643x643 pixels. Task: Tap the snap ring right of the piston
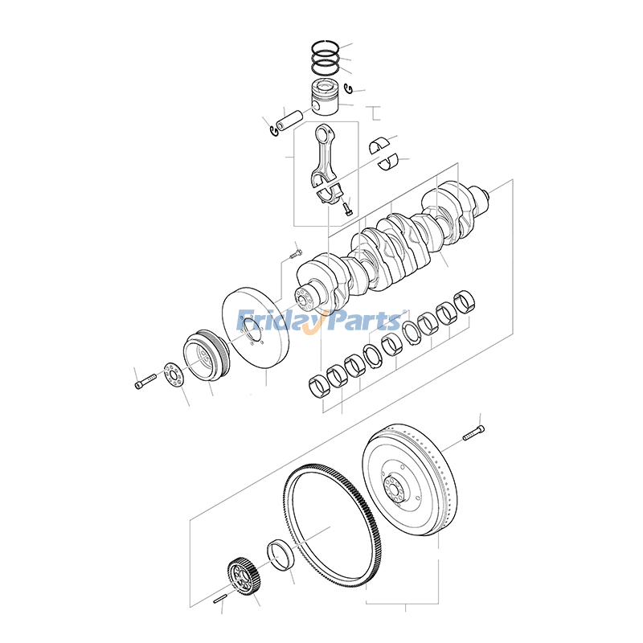pyautogui.click(x=349, y=88)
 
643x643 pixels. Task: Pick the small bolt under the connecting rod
pyautogui.click(x=347, y=209)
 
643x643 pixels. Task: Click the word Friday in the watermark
pyautogui.click(x=277, y=321)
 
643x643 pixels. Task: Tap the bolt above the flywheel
pyautogui.click(x=473, y=435)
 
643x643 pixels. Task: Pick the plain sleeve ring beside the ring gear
pyautogui.click(x=281, y=555)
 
